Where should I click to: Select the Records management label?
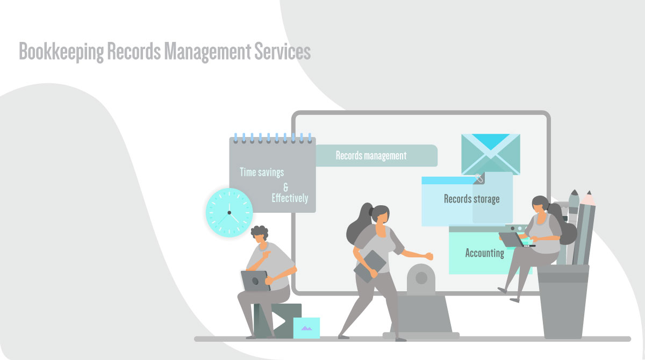[x=371, y=156]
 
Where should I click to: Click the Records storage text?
[x=471, y=199]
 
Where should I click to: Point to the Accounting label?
[x=484, y=253]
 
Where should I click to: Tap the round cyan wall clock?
[x=229, y=212]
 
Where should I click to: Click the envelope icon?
[x=490, y=154]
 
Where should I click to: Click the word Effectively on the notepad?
[x=290, y=198]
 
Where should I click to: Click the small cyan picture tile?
[x=306, y=328]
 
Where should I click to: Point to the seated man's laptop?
[x=255, y=280]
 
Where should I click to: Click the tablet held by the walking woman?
[x=370, y=267]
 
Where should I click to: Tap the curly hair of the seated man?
[x=260, y=232]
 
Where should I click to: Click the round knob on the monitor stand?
[x=421, y=278]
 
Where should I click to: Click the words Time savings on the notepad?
[x=262, y=172]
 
